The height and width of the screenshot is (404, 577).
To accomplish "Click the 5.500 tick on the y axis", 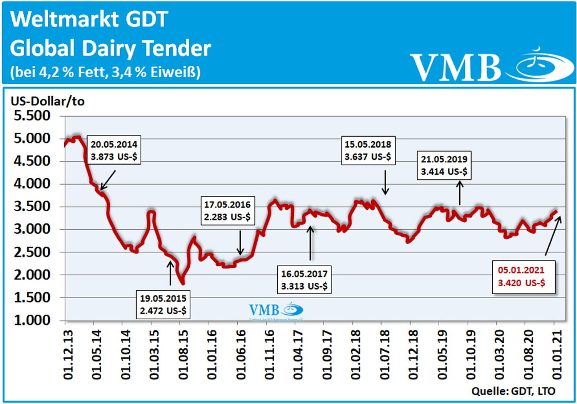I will click(32, 116).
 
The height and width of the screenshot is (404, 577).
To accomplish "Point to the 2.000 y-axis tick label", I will click(32, 275).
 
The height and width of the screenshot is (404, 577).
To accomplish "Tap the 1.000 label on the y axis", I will click(32, 320).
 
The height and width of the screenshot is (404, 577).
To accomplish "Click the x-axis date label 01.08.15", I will click(183, 355).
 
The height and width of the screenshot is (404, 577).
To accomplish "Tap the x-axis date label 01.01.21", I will click(557, 355).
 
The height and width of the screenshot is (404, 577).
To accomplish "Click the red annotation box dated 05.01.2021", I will click(524, 277).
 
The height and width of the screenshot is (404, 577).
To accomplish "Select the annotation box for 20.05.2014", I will click(114, 150).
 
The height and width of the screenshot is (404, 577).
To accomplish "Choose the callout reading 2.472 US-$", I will click(163, 305).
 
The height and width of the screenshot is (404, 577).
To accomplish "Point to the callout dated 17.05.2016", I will click(227, 211).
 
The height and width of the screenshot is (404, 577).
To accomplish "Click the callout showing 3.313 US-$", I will click(304, 280).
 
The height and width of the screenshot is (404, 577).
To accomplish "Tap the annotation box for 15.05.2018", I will click(368, 150).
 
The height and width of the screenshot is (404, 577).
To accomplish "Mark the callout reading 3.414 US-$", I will click(444, 165).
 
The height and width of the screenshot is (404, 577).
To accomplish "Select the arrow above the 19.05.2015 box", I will click(170, 273).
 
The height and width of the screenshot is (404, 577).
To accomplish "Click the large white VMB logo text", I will click(456, 67).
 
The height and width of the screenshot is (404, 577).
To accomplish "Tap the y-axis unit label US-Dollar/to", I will click(48, 101).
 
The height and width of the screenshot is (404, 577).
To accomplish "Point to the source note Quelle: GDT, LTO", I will click(513, 391).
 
